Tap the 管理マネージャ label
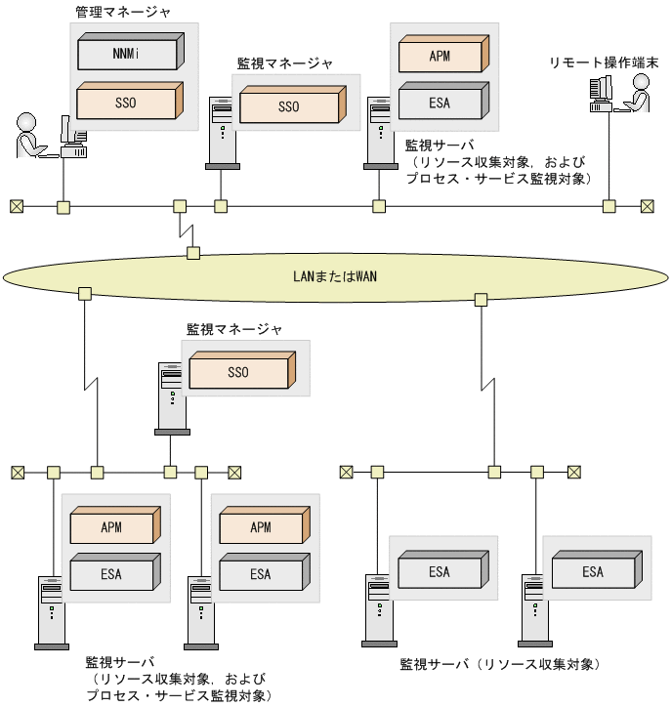(122, 13)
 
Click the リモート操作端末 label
(605, 63)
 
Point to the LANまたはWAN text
(335, 275)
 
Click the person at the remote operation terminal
(638, 95)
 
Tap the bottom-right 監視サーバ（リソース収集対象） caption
(500, 664)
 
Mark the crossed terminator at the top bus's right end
(647, 206)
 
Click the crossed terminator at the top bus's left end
(17, 206)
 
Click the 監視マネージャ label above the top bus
(285, 62)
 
